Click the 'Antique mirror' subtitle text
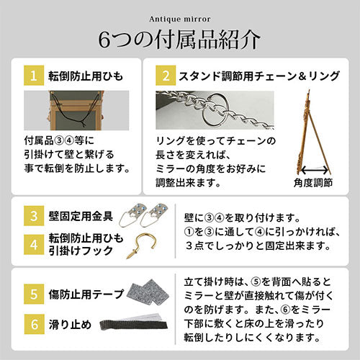coord(180,19)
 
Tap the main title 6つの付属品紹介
coord(179,40)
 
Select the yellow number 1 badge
coord(34,76)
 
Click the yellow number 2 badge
coord(166,76)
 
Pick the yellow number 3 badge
coord(34,216)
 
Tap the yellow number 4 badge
coord(34,244)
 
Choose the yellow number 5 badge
coord(34,294)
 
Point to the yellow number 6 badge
coord(34,324)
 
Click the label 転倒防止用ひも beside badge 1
coord(86,76)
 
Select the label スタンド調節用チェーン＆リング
coord(259,76)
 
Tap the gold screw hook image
coord(142,246)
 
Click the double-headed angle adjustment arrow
coord(315,171)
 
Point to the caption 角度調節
coord(313,183)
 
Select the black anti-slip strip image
coord(134,325)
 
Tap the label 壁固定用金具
coord(81,216)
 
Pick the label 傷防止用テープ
coord(86,294)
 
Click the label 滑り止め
coord(70,325)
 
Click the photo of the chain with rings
coord(215,110)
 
